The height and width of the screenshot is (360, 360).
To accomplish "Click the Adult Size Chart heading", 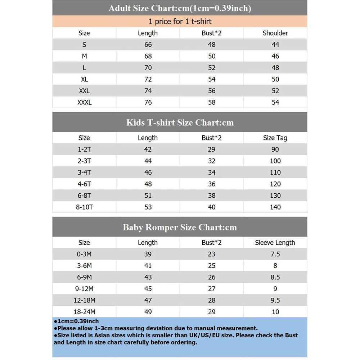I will pos(180,8).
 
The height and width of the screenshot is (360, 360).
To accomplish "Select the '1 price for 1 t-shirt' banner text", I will pos(180,22).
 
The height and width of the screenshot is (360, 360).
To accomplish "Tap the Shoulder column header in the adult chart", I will pos(275,33).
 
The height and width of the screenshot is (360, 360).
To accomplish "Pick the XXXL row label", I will pos(84,102).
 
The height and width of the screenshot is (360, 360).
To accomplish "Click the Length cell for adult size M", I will pos(148,56).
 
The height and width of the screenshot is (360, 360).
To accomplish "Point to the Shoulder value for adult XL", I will pos(275,79).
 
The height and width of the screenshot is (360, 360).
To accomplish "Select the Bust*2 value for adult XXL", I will pos(212,91).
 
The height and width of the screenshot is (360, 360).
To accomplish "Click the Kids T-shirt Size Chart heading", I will pos(180,122).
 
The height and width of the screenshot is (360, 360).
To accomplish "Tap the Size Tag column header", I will pos(275,138).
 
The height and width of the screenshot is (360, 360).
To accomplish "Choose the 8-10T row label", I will pos(84,207).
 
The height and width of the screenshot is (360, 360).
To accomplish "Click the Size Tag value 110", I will pos(275,172).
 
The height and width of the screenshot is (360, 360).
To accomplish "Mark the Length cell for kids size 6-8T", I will pos(148,195).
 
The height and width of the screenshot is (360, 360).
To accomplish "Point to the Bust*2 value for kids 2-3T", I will pos(212,161).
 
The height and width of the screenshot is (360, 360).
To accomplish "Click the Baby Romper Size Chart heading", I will pos(180,228).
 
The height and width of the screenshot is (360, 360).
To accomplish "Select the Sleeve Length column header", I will pos(275,243).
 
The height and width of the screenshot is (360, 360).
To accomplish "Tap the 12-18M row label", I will pos(84,300).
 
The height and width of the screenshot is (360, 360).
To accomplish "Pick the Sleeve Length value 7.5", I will pos(275,254).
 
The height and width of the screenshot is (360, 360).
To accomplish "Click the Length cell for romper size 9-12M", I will pos(148,289).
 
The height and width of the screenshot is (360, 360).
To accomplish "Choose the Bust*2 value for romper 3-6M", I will pos(212,266).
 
